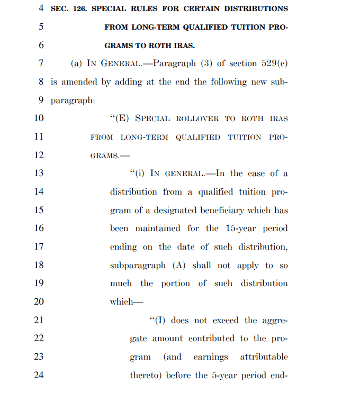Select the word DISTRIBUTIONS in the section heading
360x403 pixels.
coord(256,9)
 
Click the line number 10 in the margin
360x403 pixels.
coord(39,118)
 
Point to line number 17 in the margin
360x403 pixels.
coord(39,246)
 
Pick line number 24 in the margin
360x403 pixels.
coord(39,375)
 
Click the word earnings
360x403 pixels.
coord(211,357)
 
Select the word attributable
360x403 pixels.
coord(264,357)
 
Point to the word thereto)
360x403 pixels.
coord(146,375)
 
